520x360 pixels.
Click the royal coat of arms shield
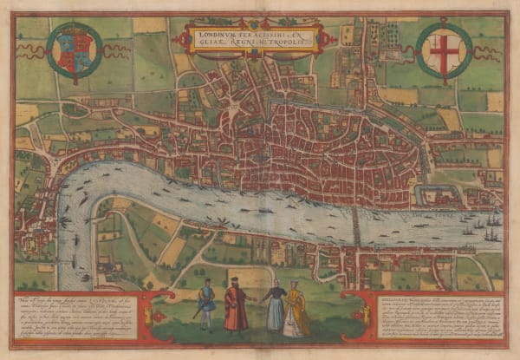coord(74,51)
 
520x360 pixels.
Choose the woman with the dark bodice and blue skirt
coord(274,307)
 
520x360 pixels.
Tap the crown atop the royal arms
coord(74,27)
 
